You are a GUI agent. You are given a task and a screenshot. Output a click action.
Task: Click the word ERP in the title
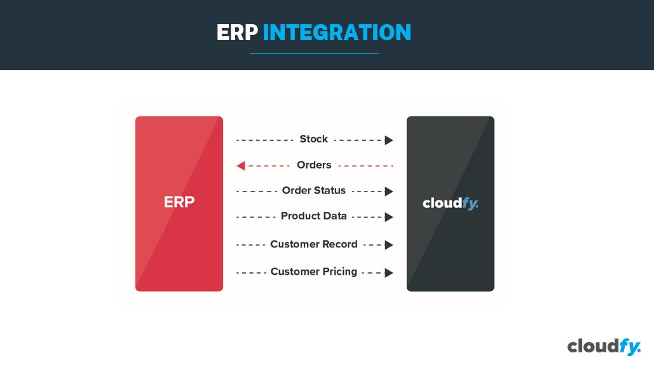(x=237, y=32)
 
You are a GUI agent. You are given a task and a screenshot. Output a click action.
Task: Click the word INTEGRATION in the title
(x=337, y=32)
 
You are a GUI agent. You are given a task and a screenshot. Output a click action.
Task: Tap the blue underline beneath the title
(x=315, y=54)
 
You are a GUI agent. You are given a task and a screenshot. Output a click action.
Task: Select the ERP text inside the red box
(x=179, y=202)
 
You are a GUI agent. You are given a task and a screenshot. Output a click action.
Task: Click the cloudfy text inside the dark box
(x=450, y=204)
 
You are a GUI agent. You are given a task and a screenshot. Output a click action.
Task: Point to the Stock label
(x=314, y=139)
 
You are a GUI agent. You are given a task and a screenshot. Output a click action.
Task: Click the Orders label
(x=314, y=165)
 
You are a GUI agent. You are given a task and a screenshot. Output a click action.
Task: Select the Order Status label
(x=314, y=191)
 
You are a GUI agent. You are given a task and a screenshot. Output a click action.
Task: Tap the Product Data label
(x=314, y=216)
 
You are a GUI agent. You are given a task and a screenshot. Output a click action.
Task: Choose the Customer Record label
(x=314, y=244)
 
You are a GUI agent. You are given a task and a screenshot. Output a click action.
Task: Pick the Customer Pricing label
(x=314, y=272)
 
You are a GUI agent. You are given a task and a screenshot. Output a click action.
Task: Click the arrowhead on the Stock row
(x=389, y=141)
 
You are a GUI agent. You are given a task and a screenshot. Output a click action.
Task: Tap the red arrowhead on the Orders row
(x=241, y=166)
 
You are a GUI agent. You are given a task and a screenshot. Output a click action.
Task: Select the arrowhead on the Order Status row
(x=389, y=191)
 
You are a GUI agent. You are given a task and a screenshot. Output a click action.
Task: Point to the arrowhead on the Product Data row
(x=389, y=217)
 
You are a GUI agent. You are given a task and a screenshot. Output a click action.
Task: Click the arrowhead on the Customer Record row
(x=389, y=245)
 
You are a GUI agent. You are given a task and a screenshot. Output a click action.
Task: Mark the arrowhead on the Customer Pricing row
(x=389, y=273)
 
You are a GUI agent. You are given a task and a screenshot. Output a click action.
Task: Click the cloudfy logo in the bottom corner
(x=603, y=347)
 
